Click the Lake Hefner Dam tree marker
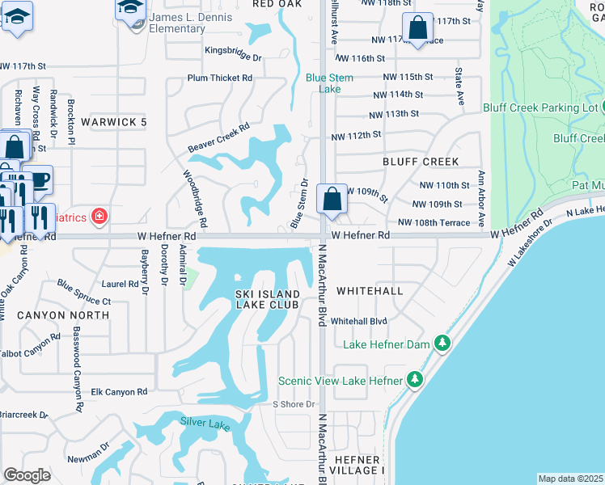(x=442, y=344)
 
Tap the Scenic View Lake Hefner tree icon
(x=414, y=379)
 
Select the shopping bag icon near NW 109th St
(x=332, y=199)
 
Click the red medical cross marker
(x=99, y=216)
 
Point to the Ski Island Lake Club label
(x=268, y=298)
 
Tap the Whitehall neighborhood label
(x=369, y=289)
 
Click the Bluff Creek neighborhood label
(x=421, y=162)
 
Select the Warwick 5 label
(x=114, y=122)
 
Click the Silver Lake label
(x=205, y=424)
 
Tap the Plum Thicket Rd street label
(x=219, y=78)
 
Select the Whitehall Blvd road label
(x=359, y=321)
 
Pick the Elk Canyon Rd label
(x=119, y=392)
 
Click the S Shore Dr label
(x=293, y=404)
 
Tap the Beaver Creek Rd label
(x=219, y=137)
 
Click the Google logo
(x=27, y=475)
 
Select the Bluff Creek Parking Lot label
(x=540, y=108)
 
